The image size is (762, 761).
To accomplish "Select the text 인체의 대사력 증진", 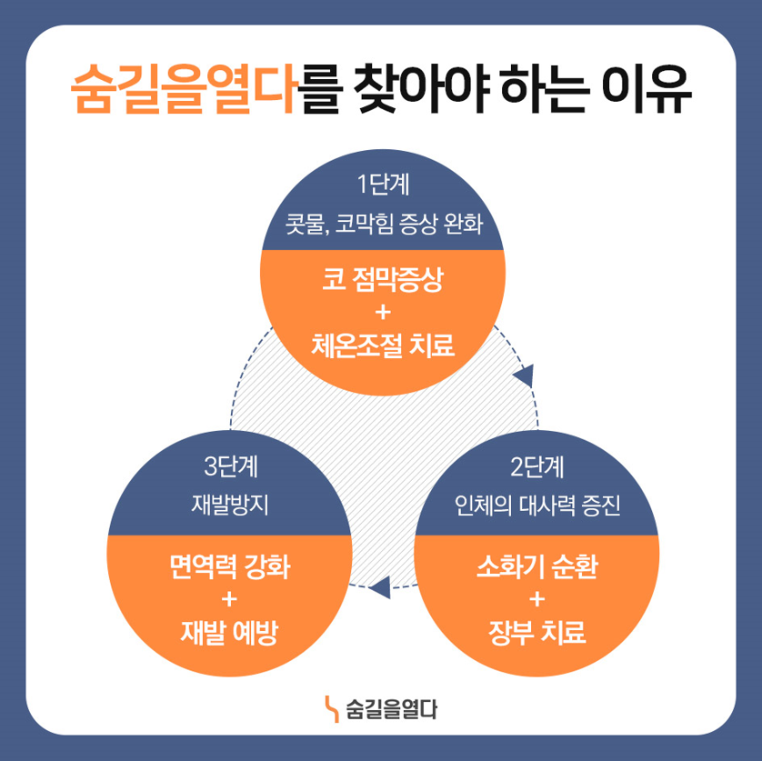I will pos(536,506).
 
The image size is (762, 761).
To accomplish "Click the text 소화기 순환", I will pos(536,567).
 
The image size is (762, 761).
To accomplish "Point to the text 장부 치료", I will pos(536,631).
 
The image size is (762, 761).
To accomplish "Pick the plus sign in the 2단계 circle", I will pos(536,599).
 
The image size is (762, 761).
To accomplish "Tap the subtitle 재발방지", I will pos(230,506).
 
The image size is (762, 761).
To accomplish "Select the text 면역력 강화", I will pos(230,567).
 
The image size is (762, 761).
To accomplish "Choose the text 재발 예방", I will pos(230,631).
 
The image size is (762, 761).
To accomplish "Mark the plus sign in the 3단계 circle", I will pos(230,599).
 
